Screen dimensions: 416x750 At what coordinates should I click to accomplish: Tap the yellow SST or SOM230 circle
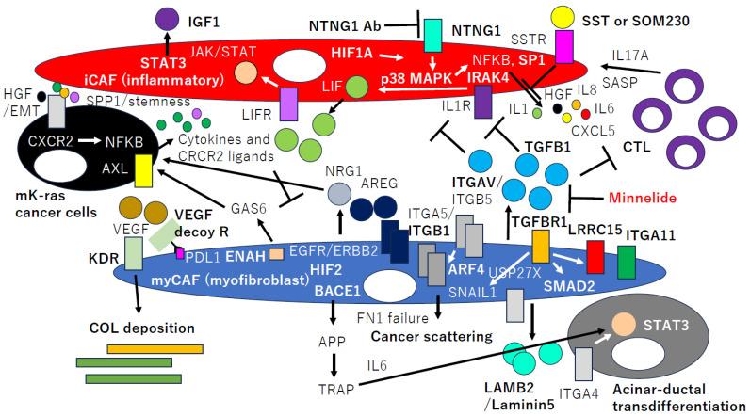[563, 16]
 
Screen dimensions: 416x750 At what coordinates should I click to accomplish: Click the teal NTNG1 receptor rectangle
[434, 34]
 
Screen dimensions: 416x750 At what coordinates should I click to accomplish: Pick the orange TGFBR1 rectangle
[541, 247]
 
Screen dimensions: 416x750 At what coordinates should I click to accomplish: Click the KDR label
[102, 255]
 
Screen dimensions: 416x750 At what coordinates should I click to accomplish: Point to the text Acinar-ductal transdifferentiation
[683, 398]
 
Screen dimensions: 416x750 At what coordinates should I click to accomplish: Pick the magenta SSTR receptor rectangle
[563, 46]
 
